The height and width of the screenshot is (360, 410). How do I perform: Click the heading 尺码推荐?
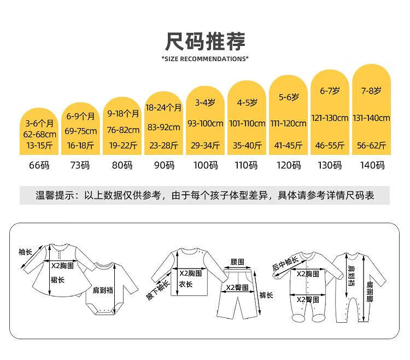205,42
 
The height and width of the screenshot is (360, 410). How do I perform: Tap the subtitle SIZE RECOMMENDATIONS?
205,59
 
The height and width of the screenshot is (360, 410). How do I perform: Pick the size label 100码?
205,165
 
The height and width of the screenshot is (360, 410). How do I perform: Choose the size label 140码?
373,165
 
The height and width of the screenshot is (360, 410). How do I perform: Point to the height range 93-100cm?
205,123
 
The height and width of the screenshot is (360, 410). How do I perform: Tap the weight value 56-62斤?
373,145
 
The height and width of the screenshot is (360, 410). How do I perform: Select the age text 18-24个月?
163,108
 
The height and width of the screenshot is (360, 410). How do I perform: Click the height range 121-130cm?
330,118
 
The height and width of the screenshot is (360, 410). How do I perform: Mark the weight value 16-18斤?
80,145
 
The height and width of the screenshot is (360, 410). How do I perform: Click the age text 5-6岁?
289,97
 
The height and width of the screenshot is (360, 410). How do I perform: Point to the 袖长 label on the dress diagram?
25,252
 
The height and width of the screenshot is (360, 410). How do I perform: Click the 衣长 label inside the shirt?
186,284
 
